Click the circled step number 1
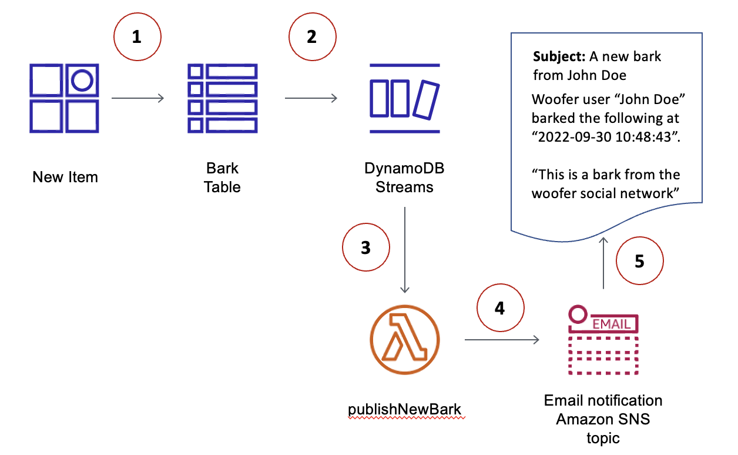pos(136,37)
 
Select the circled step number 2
pos(311,37)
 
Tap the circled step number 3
pos(365,248)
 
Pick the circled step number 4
pos(499,309)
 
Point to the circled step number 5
pos(639,261)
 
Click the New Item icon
pos(64,98)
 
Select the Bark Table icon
pos(223,98)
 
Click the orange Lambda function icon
pos(405,339)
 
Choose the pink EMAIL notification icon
pos(603,339)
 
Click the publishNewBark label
pos(406,409)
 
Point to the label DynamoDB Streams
pos(404,178)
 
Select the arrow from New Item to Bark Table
pos(137,98)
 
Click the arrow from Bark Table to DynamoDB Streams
pos(311,98)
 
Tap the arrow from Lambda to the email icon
pos(502,340)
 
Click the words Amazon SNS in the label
pos(603,420)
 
